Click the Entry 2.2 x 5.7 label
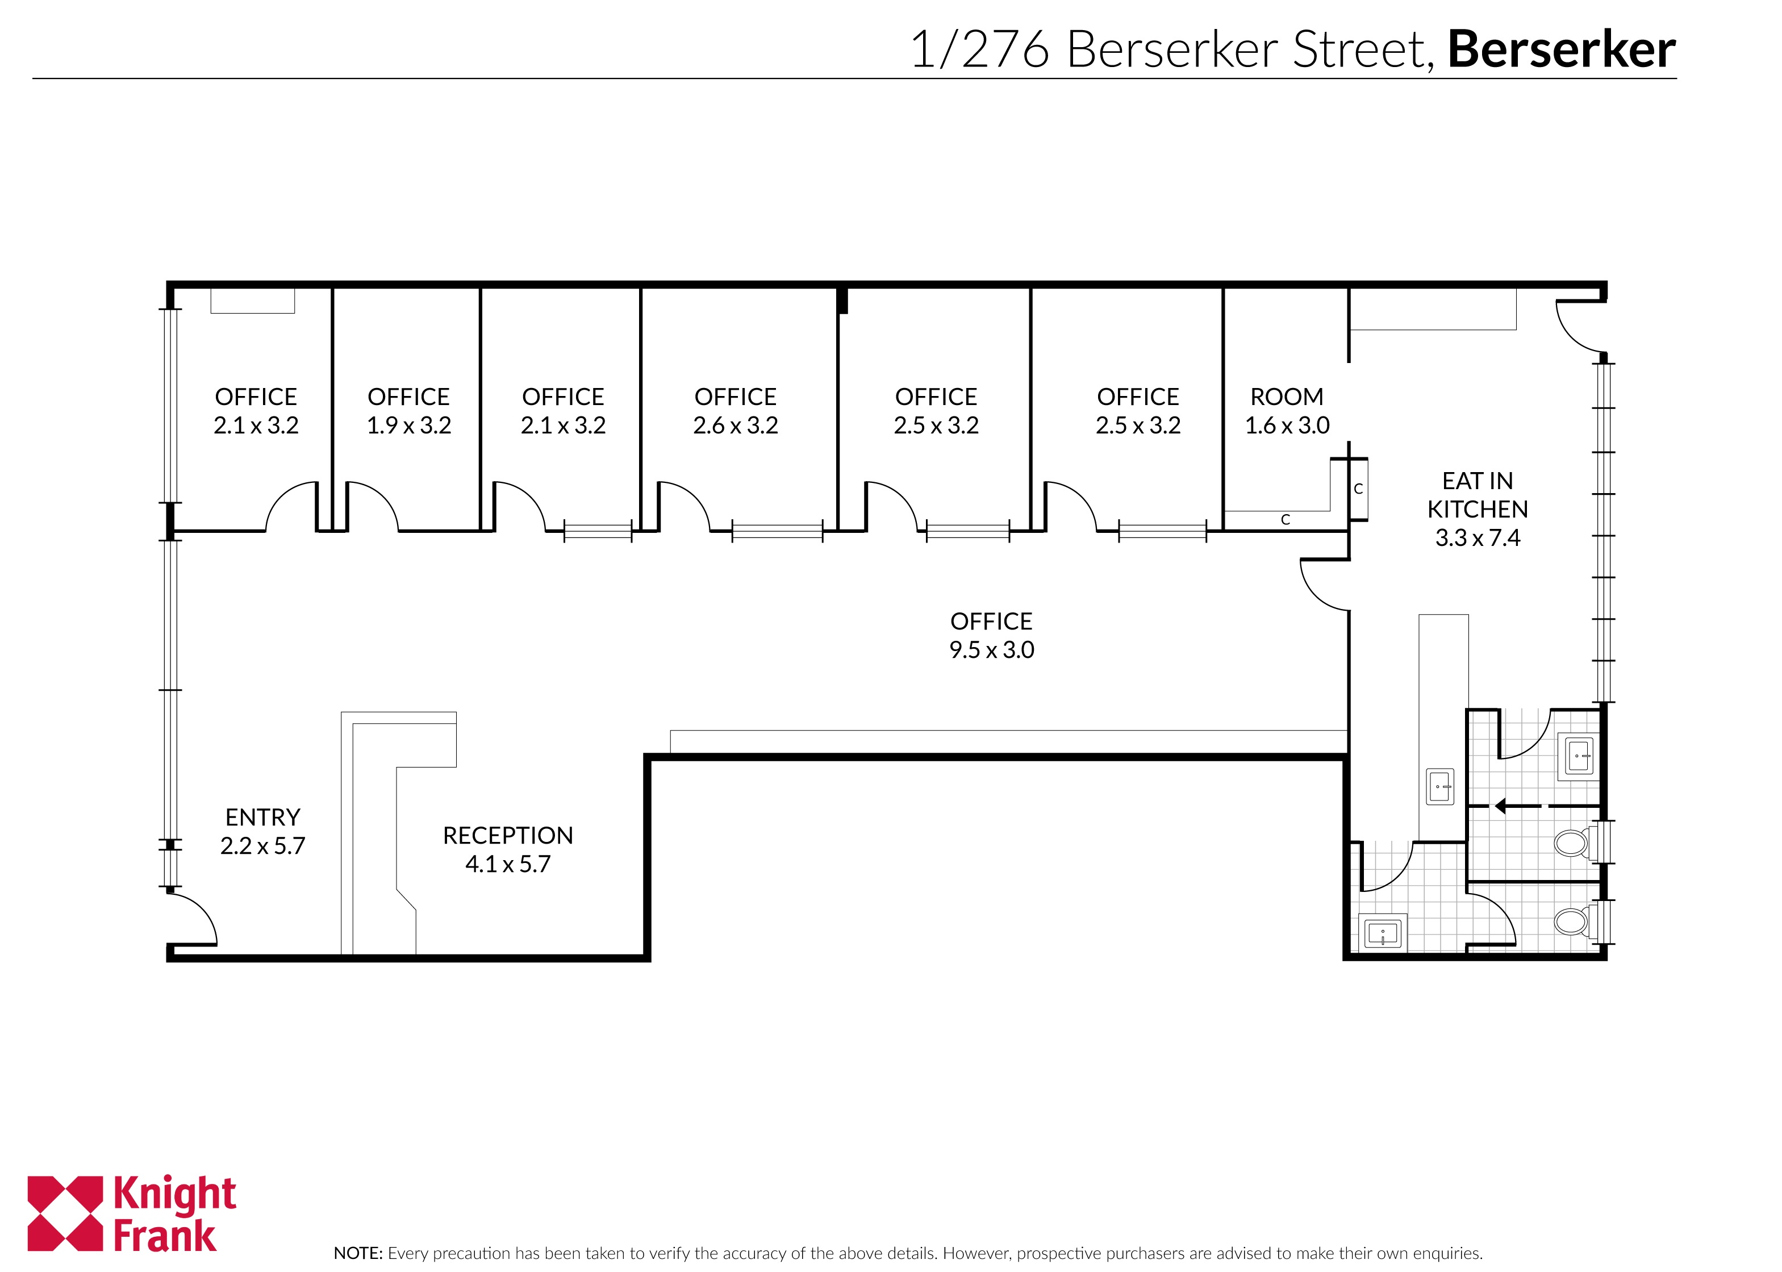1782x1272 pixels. (x=262, y=831)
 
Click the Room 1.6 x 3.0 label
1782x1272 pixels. (x=1287, y=410)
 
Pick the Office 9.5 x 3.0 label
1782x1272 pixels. (x=991, y=635)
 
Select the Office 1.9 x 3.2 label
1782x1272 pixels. (x=408, y=410)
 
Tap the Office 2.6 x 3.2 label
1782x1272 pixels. (x=735, y=410)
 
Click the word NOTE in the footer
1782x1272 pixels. (x=358, y=1253)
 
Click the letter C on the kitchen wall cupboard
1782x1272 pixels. (x=1358, y=489)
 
